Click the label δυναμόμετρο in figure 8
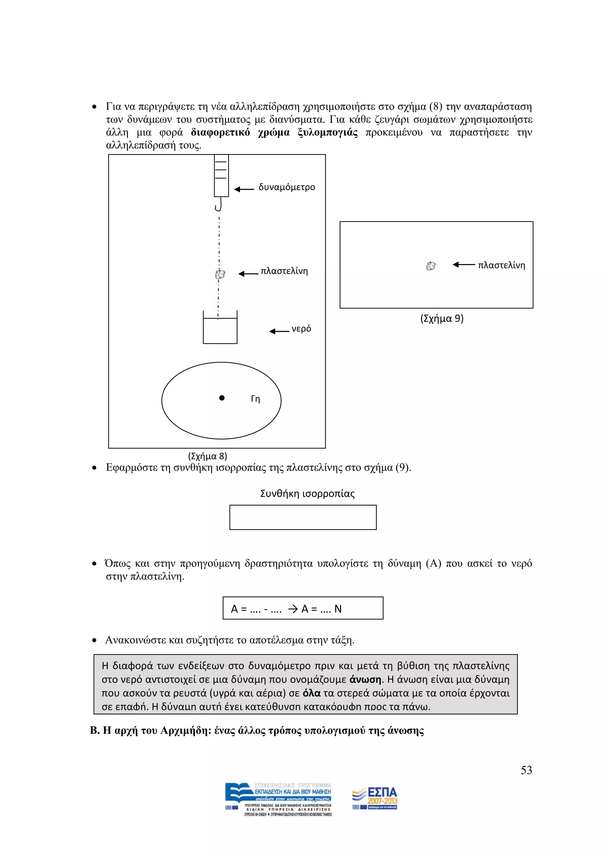[287, 187]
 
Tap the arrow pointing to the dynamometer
[244, 189]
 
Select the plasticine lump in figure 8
[220, 274]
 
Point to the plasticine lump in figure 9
[431, 266]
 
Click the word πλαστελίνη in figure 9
[501, 265]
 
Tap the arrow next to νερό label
[279, 331]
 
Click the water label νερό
[301, 329]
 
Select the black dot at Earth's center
[222, 398]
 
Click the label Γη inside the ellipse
[255, 399]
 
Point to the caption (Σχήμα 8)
[207, 456]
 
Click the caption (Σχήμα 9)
[442, 319]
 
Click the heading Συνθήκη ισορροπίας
[307, 494]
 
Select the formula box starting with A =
[303, 609]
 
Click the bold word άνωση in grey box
[365, 679]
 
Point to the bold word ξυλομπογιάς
[327, 133]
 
